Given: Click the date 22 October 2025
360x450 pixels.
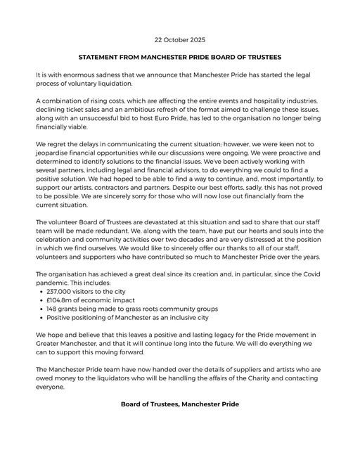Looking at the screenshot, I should pos(180,40).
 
